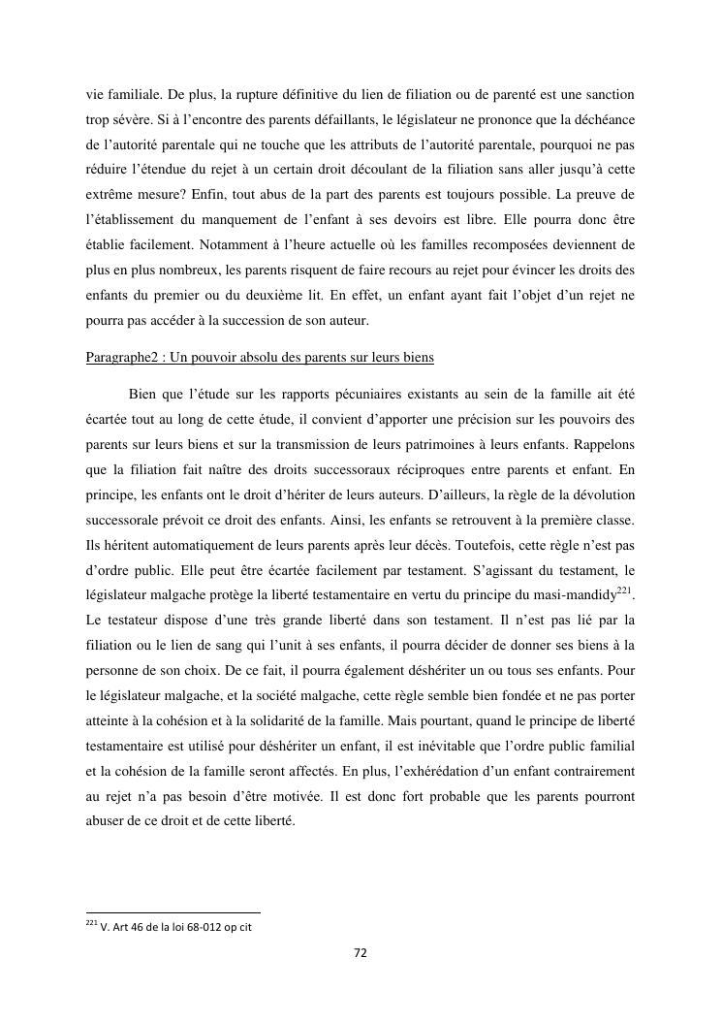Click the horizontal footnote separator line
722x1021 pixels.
tap(173, 912)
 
